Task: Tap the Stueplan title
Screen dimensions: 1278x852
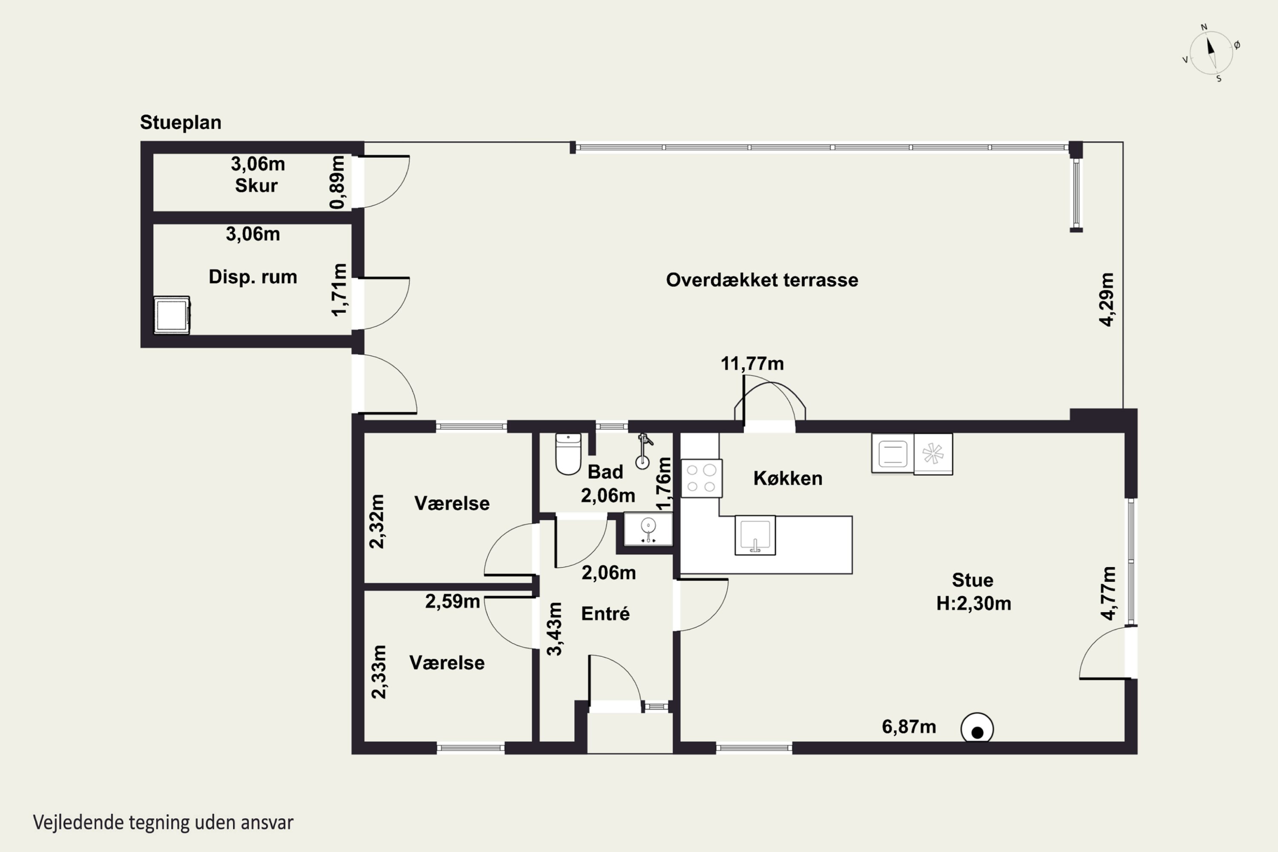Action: point(180,122)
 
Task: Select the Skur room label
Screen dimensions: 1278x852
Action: point(256,186)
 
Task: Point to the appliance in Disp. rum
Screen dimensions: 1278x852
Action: point(172,315)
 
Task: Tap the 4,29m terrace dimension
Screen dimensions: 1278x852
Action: point(1107,299)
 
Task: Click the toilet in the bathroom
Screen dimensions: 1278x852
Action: point(568,454)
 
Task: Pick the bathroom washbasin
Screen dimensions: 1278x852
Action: point(648,529)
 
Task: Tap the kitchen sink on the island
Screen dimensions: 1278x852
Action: point(755,535)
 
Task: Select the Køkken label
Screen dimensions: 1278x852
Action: point(787,478)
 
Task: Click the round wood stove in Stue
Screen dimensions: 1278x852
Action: point(977,728)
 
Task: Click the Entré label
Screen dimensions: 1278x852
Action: point(605,613)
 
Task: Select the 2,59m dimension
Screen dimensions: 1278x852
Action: point(452,602)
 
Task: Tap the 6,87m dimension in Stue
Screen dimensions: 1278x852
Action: point(909,727)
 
